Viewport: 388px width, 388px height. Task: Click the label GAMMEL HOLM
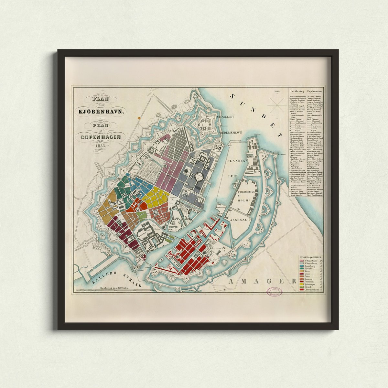click(183, 219)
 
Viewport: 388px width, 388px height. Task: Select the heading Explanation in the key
click(315, 91)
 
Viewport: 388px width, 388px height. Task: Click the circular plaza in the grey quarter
click(198, 176)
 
